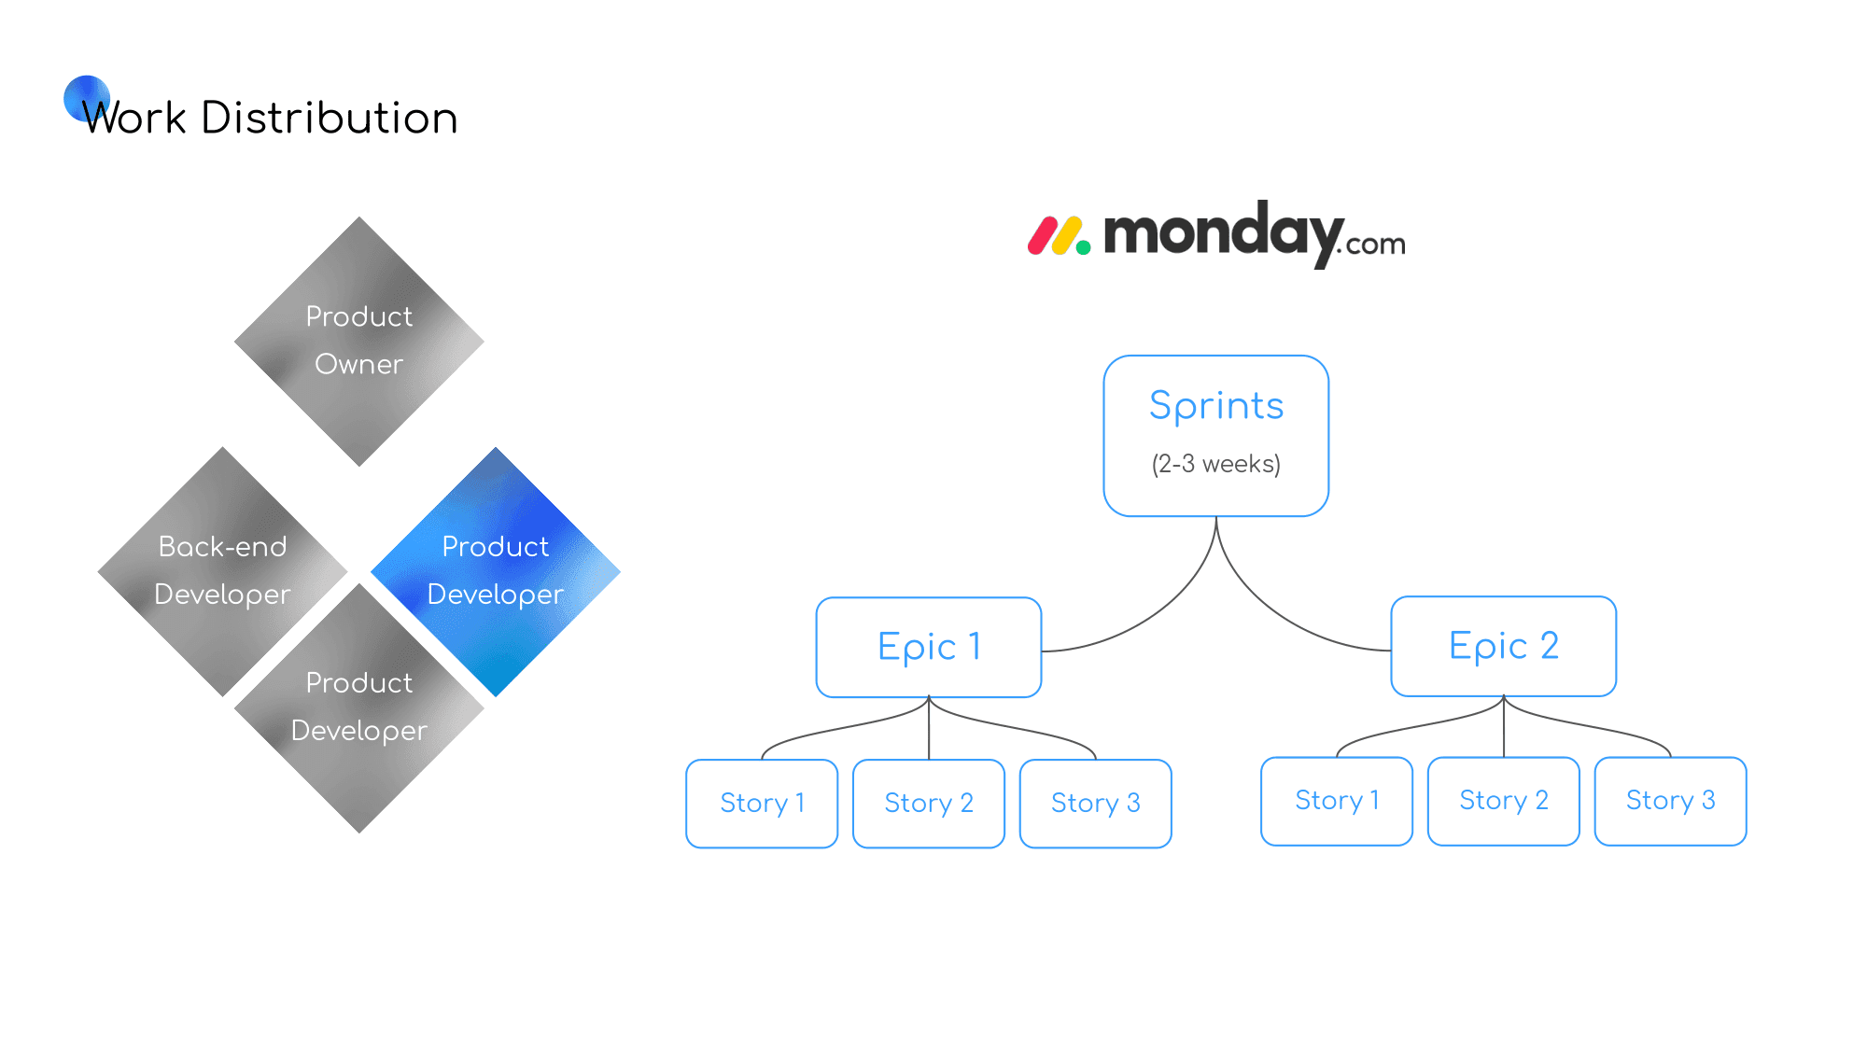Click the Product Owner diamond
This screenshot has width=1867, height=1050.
pyautogui.click(x=359, y=342)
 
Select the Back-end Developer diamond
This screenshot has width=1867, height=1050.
pyautogui.click(x=223, y=571)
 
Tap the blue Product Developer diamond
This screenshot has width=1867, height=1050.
pyautogui.click(x=496, y=571)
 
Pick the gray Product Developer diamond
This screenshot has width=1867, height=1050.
pyautogui.click(x=359, y=707)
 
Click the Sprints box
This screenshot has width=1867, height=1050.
pyautogui.click(x=1216, y=436)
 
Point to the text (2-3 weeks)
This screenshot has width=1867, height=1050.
pyautogui.click(x=1216, y=464)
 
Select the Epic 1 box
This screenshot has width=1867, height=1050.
pyautogui.click(x=929, y=647)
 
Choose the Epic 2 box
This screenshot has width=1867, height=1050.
pyautogui.click(x=1504, y=646)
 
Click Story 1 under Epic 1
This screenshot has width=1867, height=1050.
pyautogui.click(x=762, y=804)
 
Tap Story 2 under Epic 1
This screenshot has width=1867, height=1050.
pyautogui.click(x=929, y=804)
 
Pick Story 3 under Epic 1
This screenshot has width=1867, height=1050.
pyautogui.click(x=1096, y=804)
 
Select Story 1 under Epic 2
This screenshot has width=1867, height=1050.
pyautogui.click(x=1337, y=801)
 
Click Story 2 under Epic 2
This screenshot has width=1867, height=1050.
pyautogui.click(x=1504, y=801)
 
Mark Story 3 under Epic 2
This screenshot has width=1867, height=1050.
pyautogui.click(x=1671, y=801)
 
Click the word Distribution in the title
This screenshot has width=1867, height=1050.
pyautogui.click(x=330, y=118)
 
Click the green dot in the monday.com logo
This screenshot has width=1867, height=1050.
pyautogui.click(x=1083, y=247)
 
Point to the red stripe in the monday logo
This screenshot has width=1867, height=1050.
pyautogui.click(x=1041, y=236)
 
